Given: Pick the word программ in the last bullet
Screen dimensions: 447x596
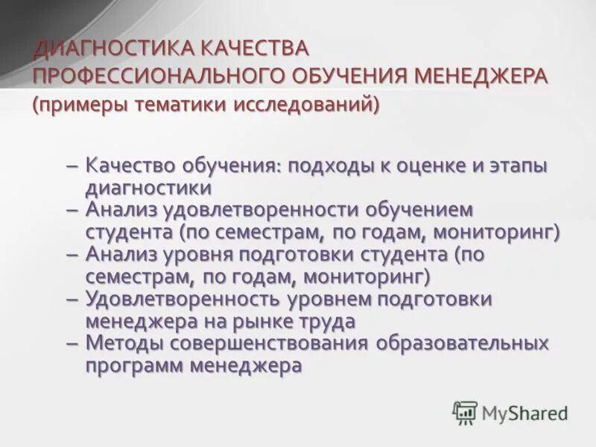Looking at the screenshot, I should pos(133,366).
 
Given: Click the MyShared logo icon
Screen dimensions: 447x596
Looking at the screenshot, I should pos(465,412).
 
